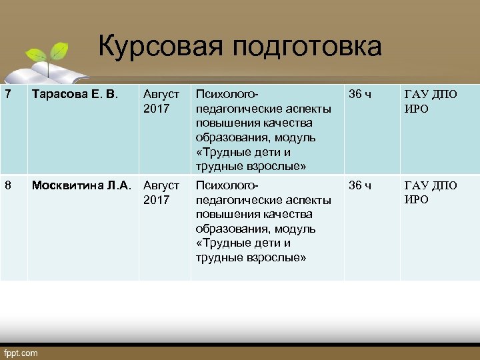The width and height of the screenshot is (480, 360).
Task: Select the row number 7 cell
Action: [8, 95]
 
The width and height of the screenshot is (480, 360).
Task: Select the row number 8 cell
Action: [8, 186]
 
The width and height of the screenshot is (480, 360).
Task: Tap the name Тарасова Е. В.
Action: [71, 95]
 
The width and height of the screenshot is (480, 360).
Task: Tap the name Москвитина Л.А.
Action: [81, 186]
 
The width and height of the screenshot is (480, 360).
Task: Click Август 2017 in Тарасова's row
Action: [161, 101]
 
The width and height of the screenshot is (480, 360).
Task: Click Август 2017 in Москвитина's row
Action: [161, 193]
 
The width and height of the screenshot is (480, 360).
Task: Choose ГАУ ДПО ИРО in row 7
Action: [431, 101]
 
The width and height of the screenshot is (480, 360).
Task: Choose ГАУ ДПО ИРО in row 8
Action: [431, 193]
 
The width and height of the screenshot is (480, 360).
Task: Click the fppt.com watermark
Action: [21, 353]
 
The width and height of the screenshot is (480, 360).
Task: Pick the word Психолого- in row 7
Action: [227, 95]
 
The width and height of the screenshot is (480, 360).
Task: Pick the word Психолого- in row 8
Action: [227, 186]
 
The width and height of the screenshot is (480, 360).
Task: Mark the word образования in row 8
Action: [231, 229]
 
